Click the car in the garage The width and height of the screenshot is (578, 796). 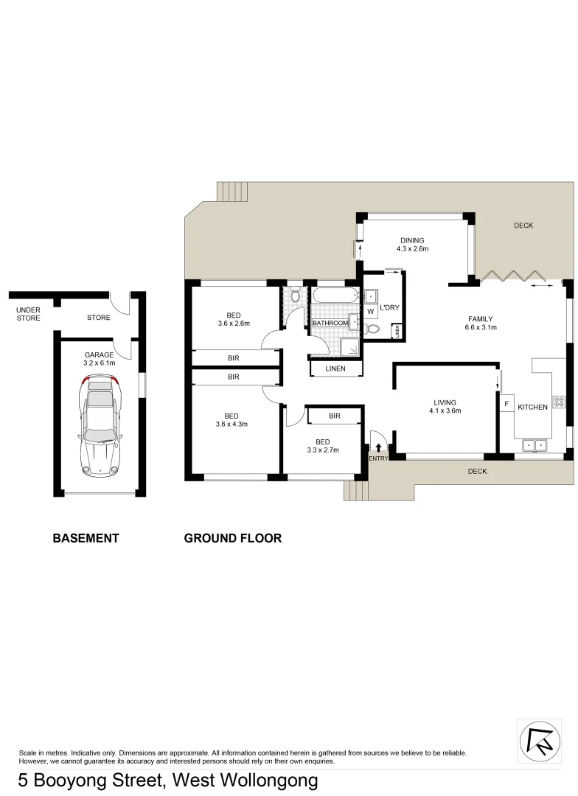click(100, 425)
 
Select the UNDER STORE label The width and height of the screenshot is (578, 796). click(28, 314)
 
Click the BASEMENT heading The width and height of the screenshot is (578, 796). click(86, 538)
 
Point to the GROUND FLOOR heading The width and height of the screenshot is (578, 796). click(232, 538)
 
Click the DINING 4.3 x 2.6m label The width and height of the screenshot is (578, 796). click(412, 245)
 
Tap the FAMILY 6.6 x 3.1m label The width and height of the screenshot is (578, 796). click(479, 324)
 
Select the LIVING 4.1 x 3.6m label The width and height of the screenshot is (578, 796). click(445, 407)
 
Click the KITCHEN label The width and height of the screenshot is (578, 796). click(532, 407)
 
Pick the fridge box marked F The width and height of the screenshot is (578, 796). click(506, 404)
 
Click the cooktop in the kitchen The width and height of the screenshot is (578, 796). click(558, 402)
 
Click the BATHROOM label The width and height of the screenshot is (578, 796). click(330, 323)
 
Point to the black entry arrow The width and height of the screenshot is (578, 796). click(378, 447)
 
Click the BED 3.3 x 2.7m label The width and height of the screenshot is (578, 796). click(322, 446)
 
